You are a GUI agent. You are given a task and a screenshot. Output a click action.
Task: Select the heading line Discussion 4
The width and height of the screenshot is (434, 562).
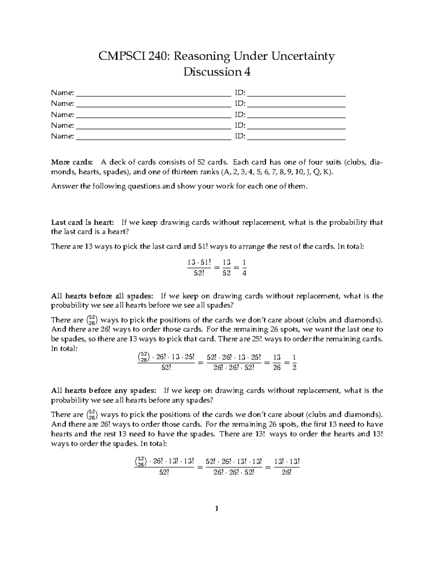tap(217, 72)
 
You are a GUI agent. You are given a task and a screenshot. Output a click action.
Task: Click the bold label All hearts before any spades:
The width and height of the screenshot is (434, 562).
tap(104, 391)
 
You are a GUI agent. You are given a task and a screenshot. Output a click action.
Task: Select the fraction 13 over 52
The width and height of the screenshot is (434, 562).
tap(227, 268)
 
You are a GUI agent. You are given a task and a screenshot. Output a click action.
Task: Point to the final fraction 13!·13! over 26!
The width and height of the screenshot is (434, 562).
tap(286, 467)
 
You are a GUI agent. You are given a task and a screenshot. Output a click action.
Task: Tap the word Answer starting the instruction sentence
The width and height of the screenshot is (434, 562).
tap(62, 186)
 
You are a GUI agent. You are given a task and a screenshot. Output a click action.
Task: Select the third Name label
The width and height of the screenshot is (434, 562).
tap(62, 115)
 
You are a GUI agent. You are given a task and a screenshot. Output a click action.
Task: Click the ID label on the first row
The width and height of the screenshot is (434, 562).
tap(239, 93)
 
